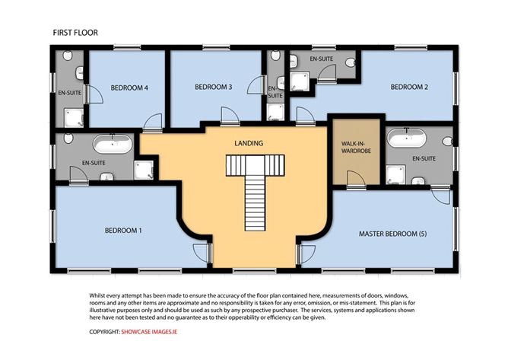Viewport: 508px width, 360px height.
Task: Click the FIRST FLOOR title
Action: tap(75, 33)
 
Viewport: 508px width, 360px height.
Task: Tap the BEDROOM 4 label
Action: tap(129, 88)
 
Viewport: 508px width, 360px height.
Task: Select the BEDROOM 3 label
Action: tap(214, 88)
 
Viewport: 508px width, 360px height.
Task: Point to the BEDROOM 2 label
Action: tap(409, 88)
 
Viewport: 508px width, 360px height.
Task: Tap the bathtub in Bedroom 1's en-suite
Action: tap(113, 144)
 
